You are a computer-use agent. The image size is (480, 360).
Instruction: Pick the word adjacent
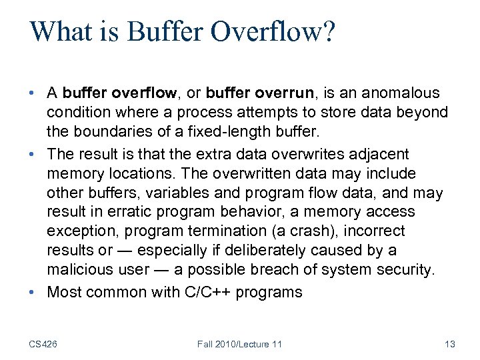click(x=378, y=154)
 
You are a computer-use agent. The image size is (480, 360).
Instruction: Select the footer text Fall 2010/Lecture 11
click(x=239, y=344)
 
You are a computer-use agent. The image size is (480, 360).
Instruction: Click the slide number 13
click(x=449, y=344)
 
